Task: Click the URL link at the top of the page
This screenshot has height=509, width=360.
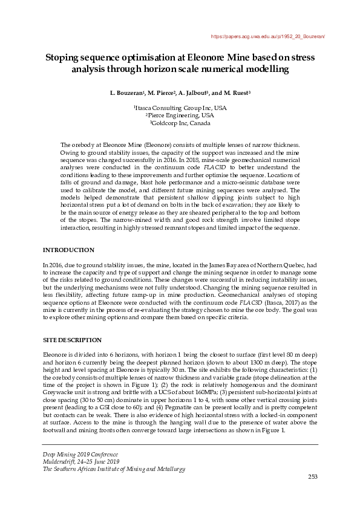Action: (x=268, y=37)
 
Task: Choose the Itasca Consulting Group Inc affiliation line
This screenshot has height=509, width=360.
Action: (x=180, y=108)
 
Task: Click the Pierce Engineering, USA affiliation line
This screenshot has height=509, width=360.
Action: (x=180, y=115)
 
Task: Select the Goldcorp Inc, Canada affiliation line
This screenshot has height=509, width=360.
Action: (x=180, y=123)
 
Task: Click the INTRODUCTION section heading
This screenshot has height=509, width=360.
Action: (x=68, y=250)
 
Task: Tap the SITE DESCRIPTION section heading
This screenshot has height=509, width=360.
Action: (x=71, y=340)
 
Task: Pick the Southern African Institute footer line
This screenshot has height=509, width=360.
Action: (x=113, y=469)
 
